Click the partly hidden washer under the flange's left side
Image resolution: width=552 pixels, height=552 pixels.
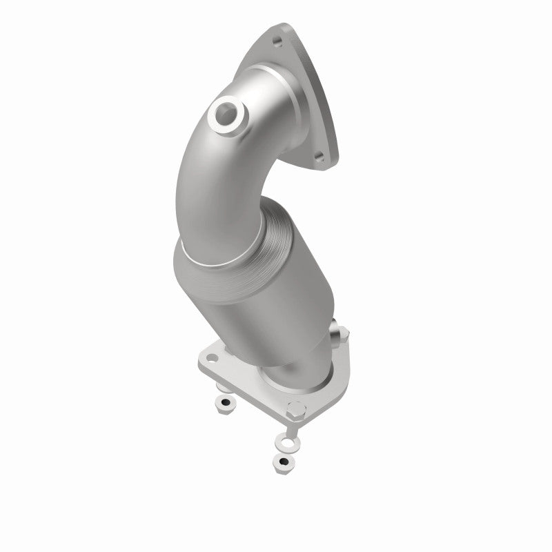(221, 393)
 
